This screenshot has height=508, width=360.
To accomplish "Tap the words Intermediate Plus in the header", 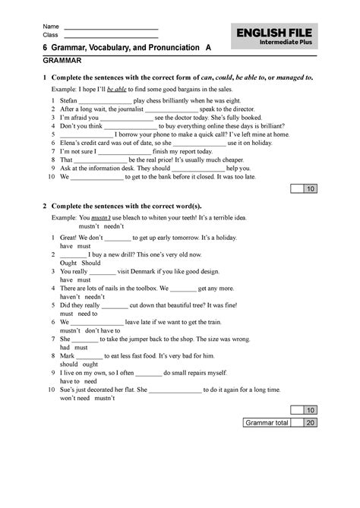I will [x=292, y=43].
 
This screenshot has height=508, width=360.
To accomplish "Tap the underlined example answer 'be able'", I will [x=120, y=89].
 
